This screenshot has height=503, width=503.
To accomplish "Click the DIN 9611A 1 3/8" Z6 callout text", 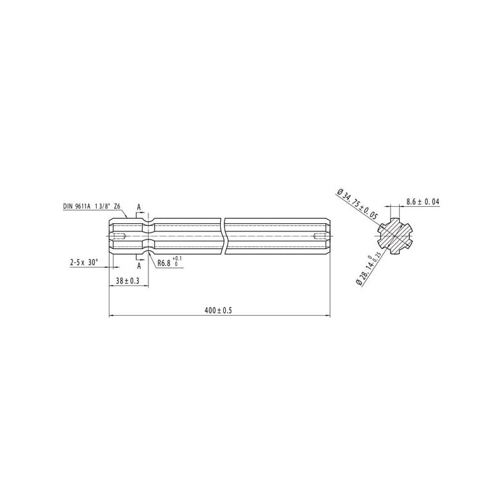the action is (91, 206).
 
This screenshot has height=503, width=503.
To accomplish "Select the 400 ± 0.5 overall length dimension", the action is (218, 310).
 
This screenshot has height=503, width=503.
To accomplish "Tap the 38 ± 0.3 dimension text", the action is (128, 280).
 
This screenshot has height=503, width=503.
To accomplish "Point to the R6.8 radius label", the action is (163, 263).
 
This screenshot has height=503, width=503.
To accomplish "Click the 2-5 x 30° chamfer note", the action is (84, 262).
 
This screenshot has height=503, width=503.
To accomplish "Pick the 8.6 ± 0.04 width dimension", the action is (423, 202).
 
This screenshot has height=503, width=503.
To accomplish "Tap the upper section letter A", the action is (139, 207).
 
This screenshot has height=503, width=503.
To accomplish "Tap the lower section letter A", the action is (139, 265).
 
